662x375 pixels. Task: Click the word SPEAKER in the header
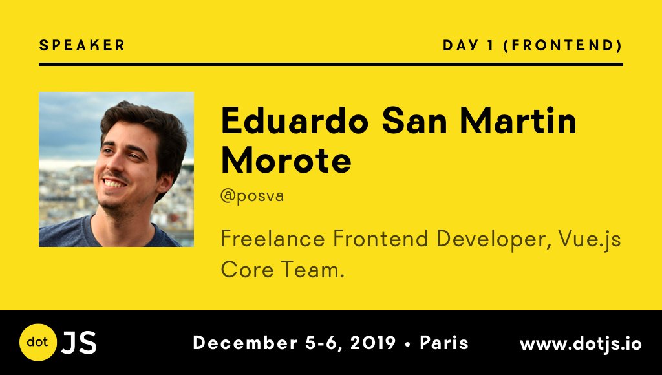pyautogui.click(x=82, y=45)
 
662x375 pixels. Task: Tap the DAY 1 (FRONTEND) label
pyautogui.click(x=533, y=45)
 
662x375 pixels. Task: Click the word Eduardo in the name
pyautogui.click(x=295, y=121)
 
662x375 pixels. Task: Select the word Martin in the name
pyautogui.click(x=518, y=121)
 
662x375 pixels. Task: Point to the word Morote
pyautogui.click(x=286, y=160)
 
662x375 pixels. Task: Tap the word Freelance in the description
pyautogui.click(x=273, y=239)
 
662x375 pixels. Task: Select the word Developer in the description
pyautogui.click(x=493, y=240)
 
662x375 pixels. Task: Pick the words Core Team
pyautogui.click(x=283, y=270)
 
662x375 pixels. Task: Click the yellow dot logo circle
pyautogui.click(x=38, y=342)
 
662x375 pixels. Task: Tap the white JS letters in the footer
pyautogui.click(x=80, y=343)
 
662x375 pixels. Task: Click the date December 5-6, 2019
pyautogui.click(x=294, y=343)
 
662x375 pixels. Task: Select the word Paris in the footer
pyautogui.click(x=444, y=343)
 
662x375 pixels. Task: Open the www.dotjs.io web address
pyautogui.click(x=581, y=344)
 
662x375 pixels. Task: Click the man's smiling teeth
pyautogui.click(x=114, y=184)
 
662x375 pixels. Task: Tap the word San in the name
pyautogui.click(x=414, y=121)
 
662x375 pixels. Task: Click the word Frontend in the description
pyautogui.click(x=380, y=239)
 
